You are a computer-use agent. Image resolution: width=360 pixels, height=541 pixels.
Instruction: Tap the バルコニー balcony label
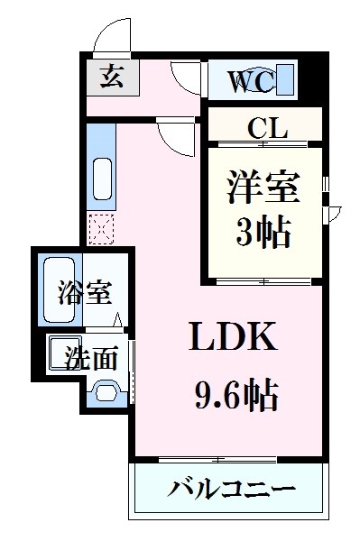[232, 491]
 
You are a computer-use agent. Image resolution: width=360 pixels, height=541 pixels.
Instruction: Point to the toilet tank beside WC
[287, 80]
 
